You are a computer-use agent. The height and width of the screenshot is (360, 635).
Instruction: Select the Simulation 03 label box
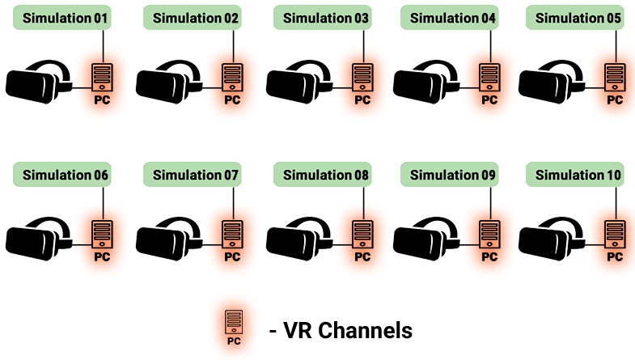[322, 17]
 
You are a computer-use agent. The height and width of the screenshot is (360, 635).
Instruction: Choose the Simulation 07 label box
[192, 175]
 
